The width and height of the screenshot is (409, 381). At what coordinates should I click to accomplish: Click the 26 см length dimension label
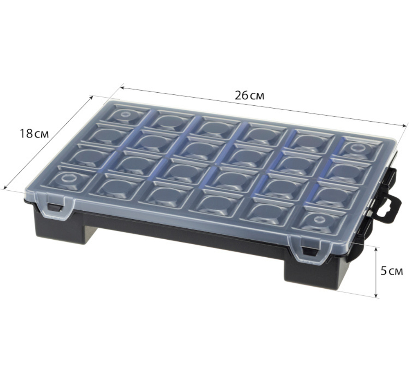click(249, 96)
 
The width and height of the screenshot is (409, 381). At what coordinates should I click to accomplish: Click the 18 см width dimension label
click(34, 134)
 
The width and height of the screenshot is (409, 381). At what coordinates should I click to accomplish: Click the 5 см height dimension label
click(391, 272)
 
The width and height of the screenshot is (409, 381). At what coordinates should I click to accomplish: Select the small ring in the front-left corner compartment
click(67, 178)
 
